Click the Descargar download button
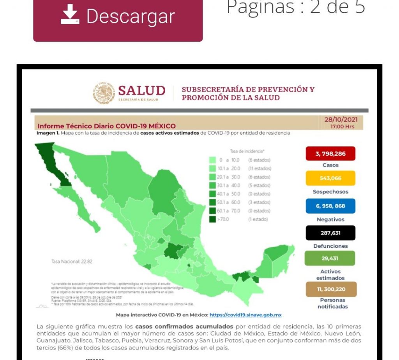click(118, 18)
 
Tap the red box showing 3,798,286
click(330, 154)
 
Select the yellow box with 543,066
click(330, 178)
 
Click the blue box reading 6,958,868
click(330, 206)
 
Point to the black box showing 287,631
click(330, 233)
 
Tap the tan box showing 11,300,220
click(331, 289)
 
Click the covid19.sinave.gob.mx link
click(245, 315)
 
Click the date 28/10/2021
click(341, 119)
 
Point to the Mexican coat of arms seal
click(104, 93)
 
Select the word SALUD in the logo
click(142, 91)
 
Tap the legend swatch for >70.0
click(212, 220)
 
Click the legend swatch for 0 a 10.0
click(212, 160)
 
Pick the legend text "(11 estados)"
click(260, 169)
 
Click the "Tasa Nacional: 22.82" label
click(72, 262)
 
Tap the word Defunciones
click(330, 246)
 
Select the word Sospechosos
click(330, 191)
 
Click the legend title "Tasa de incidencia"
click(247, 151)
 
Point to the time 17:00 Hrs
click(342, 126)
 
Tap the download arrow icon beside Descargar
click(70, 16)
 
